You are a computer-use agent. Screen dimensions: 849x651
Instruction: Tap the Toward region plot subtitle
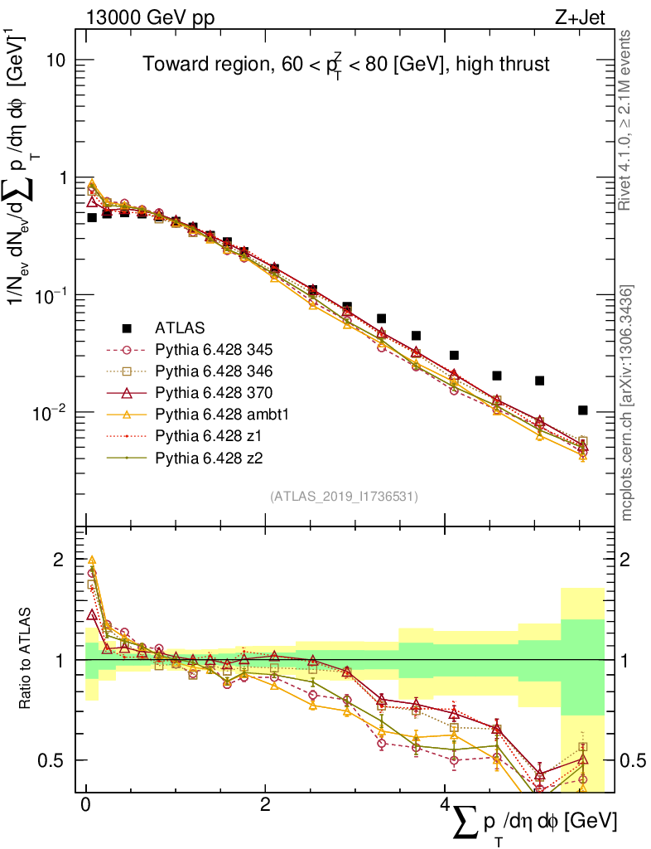coord(346,64)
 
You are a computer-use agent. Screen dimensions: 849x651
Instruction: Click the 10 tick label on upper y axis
coord(57,61)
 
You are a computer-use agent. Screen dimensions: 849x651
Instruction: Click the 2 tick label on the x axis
coord(265,806)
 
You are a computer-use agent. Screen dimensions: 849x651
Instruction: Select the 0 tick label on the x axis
coord(86,806)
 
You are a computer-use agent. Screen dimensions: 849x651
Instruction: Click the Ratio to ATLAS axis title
coord(27,659)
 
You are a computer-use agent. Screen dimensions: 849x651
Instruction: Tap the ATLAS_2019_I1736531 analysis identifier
coord(344,497)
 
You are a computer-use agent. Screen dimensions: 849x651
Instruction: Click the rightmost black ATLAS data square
coord(583,410)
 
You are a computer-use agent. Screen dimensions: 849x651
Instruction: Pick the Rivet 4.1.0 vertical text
coord(628,120)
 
